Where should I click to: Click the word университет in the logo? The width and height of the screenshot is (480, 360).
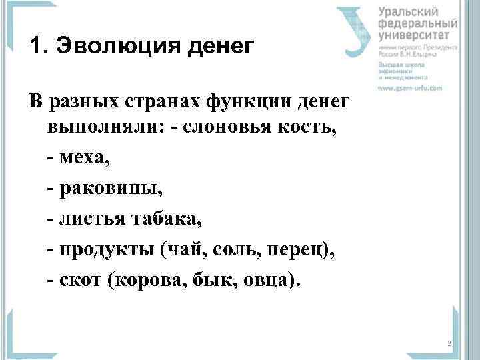[x=417, y=35]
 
